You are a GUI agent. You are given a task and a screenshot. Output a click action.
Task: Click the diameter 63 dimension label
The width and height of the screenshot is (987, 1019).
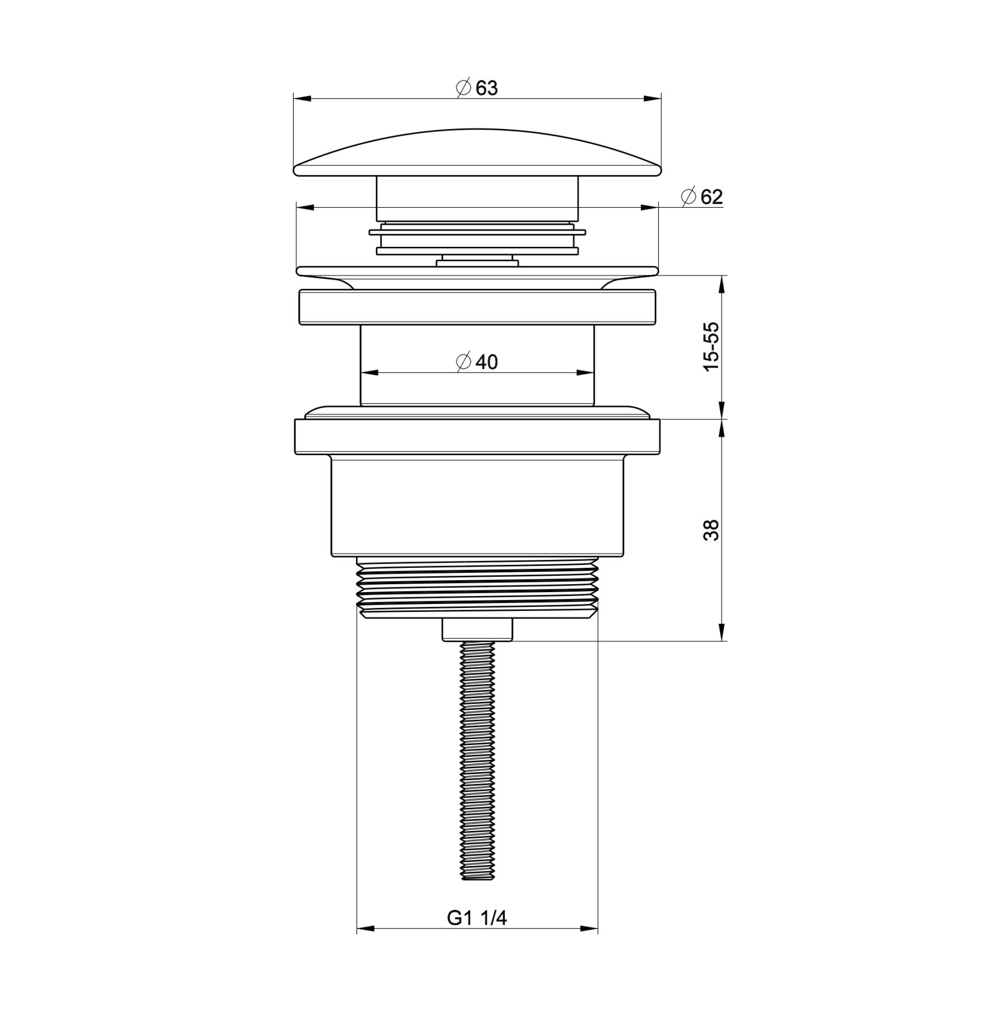[477, 88]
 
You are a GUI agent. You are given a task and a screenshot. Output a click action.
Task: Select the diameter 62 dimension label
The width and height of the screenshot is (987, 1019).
[702, 197]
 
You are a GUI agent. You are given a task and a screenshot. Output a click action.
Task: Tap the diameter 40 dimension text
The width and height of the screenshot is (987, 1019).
[477, 362]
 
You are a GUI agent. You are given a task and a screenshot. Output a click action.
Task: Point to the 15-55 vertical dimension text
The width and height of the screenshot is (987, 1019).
[711, 346]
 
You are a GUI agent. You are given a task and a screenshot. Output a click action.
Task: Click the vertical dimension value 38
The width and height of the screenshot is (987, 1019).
[711, 530]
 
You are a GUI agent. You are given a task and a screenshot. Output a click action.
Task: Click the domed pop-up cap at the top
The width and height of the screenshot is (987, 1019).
[477, 152]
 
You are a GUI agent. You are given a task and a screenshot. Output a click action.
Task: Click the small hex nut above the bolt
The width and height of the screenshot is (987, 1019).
[477, 630]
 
